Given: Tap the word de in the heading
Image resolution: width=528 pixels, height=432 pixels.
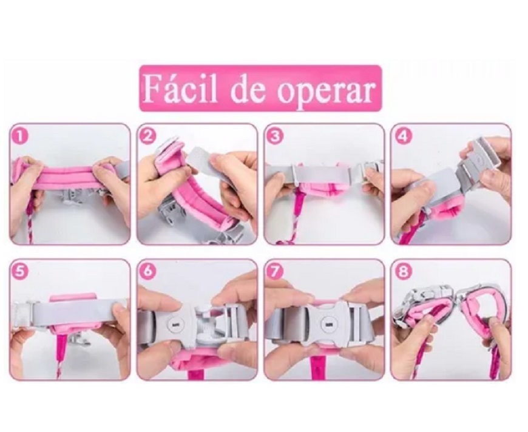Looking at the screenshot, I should tap(249, 89).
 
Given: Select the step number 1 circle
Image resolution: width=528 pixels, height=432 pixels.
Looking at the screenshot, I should tap(21, 136).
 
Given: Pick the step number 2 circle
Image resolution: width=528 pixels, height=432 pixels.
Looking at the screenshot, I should tap(147, 136).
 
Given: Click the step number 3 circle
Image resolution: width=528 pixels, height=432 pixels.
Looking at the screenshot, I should tap(275, 136).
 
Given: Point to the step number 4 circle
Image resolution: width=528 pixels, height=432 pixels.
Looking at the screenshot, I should tap(403, 136).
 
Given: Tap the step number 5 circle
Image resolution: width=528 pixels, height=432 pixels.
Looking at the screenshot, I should tap(21, 271).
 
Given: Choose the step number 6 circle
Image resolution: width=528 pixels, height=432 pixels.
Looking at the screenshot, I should tap(147, 271).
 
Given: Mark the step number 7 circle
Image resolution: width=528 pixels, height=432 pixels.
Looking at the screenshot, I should tap(275, 271).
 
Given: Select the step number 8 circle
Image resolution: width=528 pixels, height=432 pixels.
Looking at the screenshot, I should tap(403, 271).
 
